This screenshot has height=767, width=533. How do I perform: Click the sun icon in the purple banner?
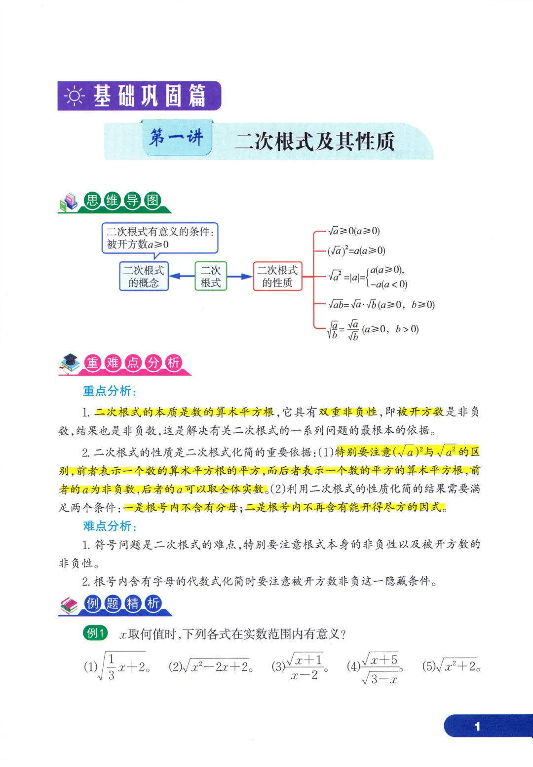pyautogui.click(x=75, y=96)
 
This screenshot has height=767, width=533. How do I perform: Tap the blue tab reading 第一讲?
pyautogui.click(x=177, y=137)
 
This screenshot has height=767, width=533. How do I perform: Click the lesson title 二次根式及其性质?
pyautogui.click(x=315, y=142)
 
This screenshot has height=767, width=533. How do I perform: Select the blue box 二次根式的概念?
pyautogui.click(x=144, y=276)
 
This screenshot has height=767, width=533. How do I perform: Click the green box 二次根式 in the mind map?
pyautogui.click(x=211, y=276)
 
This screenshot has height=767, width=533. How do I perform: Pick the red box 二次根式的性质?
pyautogui.click(x=277, y=276)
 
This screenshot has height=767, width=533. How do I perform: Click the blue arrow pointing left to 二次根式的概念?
pyautogui.click(x=182, y=276)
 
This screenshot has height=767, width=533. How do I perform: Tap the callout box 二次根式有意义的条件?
pyautogui.click(x=159, y=238)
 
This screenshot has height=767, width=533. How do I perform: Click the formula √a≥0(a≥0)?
pyautogui.click(x=354, y=231)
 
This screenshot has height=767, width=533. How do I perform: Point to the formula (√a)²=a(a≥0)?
pyautogui.click(x=356, y=250)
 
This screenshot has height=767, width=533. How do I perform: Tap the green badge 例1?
pyautogui.click(x=95, y=633)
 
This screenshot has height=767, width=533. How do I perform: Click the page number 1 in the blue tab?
pyautogui.click(x=477, y=726)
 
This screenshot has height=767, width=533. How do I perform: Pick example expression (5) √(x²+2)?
pyautogui.click(x=451, y=666)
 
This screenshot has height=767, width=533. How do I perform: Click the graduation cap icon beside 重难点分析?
pyautogui.click(x=70, y=362)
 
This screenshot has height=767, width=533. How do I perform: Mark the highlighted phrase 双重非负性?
pyautogui.click(x=348, y=412)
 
